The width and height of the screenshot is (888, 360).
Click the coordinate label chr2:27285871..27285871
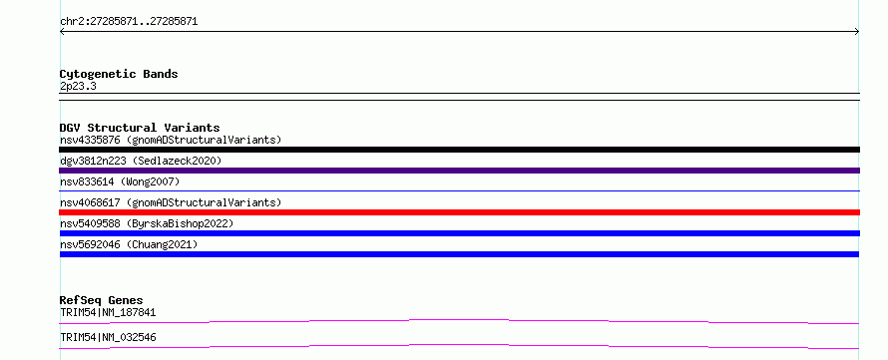tap(129, 22)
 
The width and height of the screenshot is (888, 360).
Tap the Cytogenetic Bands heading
tap(119, 74)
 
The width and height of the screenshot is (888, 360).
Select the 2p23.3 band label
tap(78, 86)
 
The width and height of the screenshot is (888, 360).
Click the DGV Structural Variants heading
tap(140, 128)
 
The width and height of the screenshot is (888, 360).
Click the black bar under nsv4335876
tap(459, 150)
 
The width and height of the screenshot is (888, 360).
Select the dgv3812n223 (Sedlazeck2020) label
tap(141, 161)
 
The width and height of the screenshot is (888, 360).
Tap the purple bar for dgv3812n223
tap(459, 171)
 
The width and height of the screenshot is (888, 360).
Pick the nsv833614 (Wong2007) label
tap(120, 181)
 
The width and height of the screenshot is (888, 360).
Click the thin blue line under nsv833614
tap(459, 190)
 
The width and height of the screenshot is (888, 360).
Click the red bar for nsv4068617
tap(459, 212)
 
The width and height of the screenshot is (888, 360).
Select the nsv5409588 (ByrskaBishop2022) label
tap(147, 223)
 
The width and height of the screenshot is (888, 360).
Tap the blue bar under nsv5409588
tap(459, 233)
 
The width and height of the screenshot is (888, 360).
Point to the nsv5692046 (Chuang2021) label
tap(129, 244)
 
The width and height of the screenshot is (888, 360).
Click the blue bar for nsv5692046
tap(459, 254)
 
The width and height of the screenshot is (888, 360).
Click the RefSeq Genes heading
tap(102, 300)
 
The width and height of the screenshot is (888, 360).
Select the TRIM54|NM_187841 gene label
tap(108, 312)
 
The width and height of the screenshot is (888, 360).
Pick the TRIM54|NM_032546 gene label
tap(108, 337)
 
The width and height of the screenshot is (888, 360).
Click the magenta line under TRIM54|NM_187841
tap(459, 320)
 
